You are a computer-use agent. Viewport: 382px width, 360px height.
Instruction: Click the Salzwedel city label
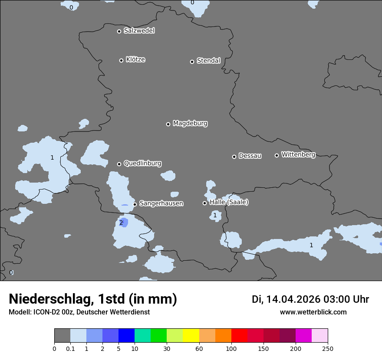pyautogui.click(x=139, y=31)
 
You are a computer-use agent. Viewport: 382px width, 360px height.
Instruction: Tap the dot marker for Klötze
pyautogui.click(x=122, y=60)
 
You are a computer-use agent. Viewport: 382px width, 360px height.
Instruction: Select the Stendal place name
pyautogui.click(x=208, y=61)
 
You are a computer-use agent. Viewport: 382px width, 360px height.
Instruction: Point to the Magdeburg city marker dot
pyautogui.click(x=168, y=124)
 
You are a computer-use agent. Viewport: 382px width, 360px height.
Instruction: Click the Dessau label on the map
pyautogui.click(x=250, y=156)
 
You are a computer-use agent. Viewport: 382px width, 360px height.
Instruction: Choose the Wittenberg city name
pyautogui.click(x=298, y=154)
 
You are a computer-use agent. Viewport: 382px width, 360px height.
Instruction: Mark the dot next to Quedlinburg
pyautogui.click(x=119, y=164)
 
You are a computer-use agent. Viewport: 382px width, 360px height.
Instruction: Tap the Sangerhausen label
pyautogui.click(x=161, y=203)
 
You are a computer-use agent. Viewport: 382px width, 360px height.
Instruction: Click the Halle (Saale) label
pyautogui.click(x=229, y=202)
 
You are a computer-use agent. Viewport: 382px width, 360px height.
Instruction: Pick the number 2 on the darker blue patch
pyautogui.click(x=121, y=223)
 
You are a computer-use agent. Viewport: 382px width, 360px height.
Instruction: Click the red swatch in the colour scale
pyautogui.click(x=239, y=336)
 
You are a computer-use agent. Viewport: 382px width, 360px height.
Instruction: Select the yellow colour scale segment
pyautogui.click(x=191, y=336)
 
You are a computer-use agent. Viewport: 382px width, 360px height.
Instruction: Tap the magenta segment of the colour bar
pyautogui.click(x=303, y=336)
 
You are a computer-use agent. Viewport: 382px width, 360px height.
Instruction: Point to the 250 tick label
pyautogui.click(x=328, y=348)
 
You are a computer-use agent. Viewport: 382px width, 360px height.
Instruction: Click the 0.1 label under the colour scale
pyautogui.click(x=70, y=348)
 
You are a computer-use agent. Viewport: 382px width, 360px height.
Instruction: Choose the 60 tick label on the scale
pyautogui.click(x=199, y=348)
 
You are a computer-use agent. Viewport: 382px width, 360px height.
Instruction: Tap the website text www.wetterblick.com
pyautogui.click(x=313, y=312)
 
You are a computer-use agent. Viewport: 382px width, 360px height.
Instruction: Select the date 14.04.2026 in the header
pyautogui.click(x=293, y=299)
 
